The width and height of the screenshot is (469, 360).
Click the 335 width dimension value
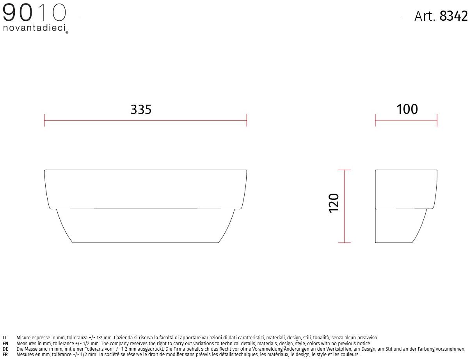(x=141, y=110)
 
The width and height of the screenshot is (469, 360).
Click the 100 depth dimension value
(x=407, y=109)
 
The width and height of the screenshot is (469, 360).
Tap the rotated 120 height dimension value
(x=334, y=202)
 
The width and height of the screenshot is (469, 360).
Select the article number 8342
(x=453, y=16)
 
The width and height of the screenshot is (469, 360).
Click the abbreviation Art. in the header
(x=425, y=16)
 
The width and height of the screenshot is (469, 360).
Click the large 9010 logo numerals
(x=34, y=13)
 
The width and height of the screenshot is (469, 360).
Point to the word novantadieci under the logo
(x=34, y=29)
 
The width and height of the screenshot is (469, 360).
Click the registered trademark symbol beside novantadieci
(x=67, y=32)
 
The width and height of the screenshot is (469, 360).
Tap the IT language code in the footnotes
(x=5, y=338)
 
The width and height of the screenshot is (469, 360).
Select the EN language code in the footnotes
(x=5, y=344)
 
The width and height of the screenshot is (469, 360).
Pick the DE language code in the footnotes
(x=5, y=349)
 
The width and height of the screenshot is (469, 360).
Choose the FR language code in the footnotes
(x=5, y=355)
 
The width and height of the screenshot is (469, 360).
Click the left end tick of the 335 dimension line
(x=44, y=120)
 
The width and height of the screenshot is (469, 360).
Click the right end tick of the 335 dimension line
(x=247, y=120)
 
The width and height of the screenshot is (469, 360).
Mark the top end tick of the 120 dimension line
(x=344, y=170)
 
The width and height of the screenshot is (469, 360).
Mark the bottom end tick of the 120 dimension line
(x=344, y=242)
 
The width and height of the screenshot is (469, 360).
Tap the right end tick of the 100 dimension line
(x=437, y=120)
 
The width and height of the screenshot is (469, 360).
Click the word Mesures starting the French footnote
(x=25, y=355)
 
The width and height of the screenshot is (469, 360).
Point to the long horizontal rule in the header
(x=240, y=17)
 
